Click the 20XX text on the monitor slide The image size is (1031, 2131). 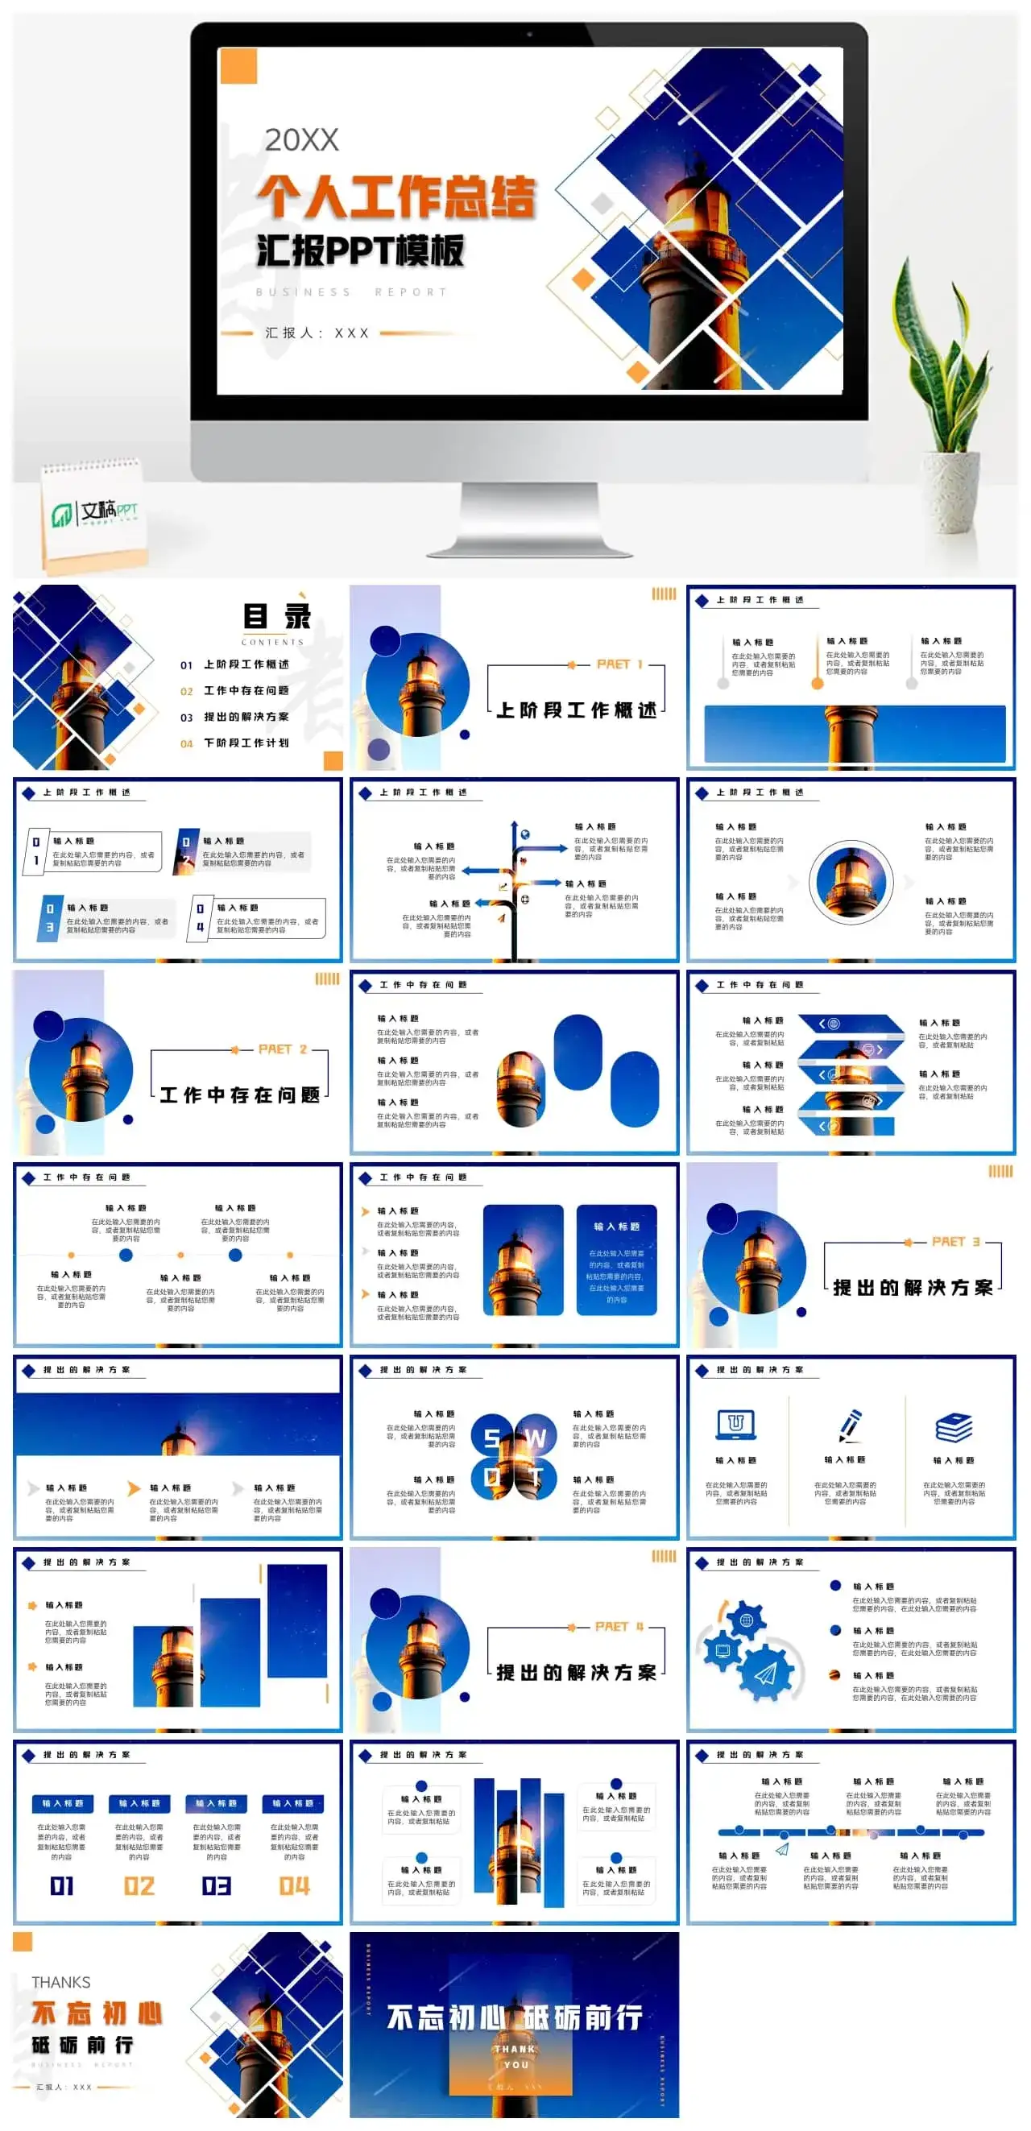301,140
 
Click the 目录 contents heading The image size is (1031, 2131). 276,616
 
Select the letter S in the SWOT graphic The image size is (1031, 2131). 491,1438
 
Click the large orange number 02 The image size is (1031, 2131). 139,1885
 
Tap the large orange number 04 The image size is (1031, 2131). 294,1885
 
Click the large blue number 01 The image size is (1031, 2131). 62,1885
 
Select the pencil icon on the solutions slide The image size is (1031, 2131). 850,1425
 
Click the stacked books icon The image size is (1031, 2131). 953,1428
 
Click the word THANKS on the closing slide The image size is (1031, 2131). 61,1982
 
